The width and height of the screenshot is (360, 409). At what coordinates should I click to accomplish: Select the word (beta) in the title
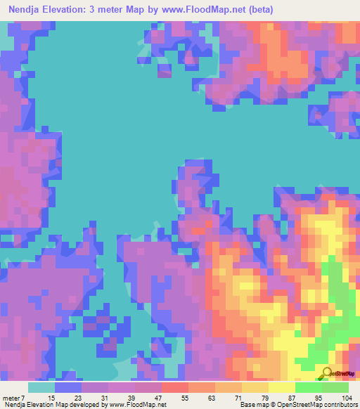point(258,10)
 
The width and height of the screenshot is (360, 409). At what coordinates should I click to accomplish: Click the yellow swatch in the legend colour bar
point(281,387)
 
